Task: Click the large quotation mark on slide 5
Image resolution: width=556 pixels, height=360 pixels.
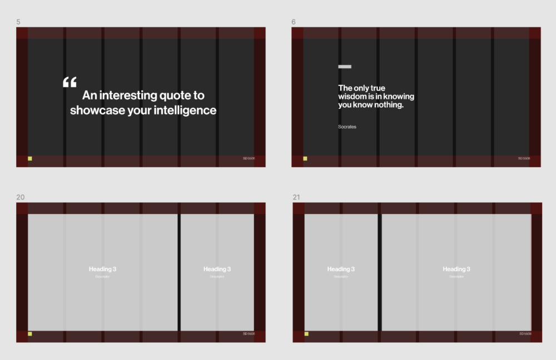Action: (x=69, y=83)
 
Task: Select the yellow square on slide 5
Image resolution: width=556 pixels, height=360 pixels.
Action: (x=30, y=159)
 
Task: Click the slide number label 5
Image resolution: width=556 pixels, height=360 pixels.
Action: (x=18, y=22)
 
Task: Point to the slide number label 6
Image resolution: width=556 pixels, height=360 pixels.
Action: (x=294, y=22)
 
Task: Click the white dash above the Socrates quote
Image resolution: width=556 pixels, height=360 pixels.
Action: (x=345, y=67)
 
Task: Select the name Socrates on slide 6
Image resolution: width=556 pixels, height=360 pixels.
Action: (x=347, y=127)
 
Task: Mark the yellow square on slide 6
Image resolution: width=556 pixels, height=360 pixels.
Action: (x=305, y=159)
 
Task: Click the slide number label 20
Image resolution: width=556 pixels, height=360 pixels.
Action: (x=21, y=197)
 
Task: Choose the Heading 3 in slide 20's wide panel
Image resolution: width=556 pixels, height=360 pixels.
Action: (x=102, y=269)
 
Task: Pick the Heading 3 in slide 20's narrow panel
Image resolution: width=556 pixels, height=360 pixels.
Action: (x=217, y=269)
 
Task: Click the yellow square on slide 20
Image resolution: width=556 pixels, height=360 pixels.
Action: (x=30, y=334)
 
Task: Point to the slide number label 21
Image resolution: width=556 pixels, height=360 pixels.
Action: (x=296, y=197)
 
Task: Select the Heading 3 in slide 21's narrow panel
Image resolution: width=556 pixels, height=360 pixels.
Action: (x=341, y=269)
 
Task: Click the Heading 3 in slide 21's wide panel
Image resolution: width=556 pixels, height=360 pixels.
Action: (x=456, y=269)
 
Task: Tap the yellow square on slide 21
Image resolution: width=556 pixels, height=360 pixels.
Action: (x=306, y=334)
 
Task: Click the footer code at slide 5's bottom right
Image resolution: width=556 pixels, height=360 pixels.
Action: (x=249, y=159)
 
